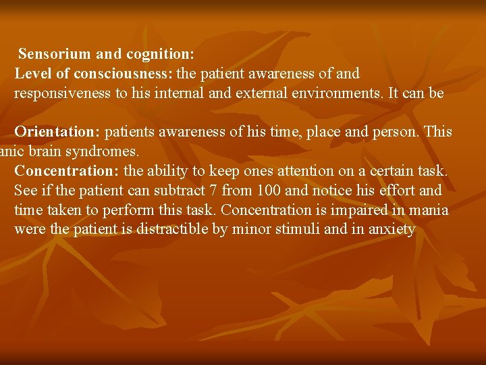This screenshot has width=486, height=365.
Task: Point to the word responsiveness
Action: tap(63, 93)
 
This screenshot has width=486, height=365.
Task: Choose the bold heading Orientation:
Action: tap(57, 131)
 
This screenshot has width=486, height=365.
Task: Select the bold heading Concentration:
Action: tap(65, 171)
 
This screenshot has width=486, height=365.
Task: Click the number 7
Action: tap(214, 191)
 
